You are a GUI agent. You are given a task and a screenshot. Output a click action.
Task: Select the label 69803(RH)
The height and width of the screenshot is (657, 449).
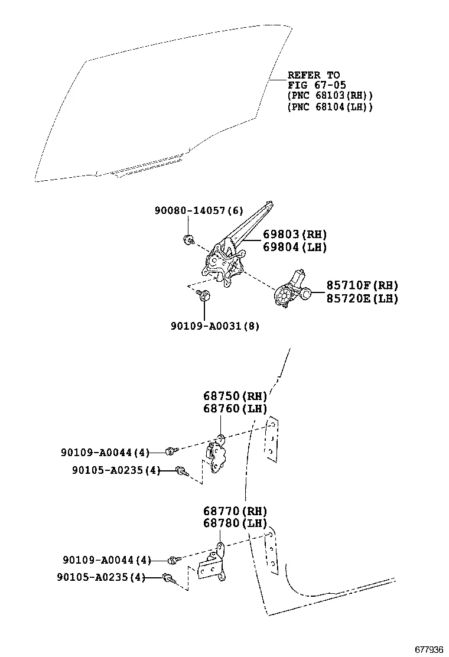click(287, 235)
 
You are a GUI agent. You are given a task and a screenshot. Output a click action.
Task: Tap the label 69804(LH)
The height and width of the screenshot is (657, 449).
click(287, 247)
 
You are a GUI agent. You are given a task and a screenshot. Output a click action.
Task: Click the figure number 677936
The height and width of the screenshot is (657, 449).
click(427, 649)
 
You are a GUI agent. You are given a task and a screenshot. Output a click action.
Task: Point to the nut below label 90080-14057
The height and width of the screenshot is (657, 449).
click(188, 239)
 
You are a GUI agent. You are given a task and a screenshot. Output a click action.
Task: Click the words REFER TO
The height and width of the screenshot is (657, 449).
click(313, 75)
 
